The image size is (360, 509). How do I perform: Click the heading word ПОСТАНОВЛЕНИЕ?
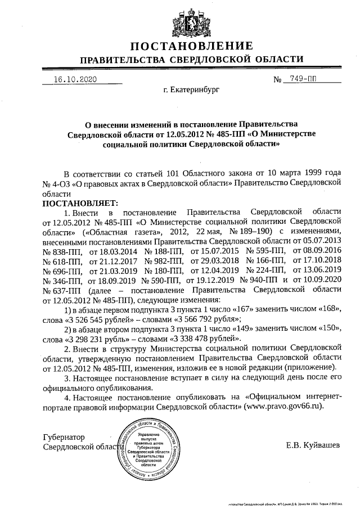[191, 46]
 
